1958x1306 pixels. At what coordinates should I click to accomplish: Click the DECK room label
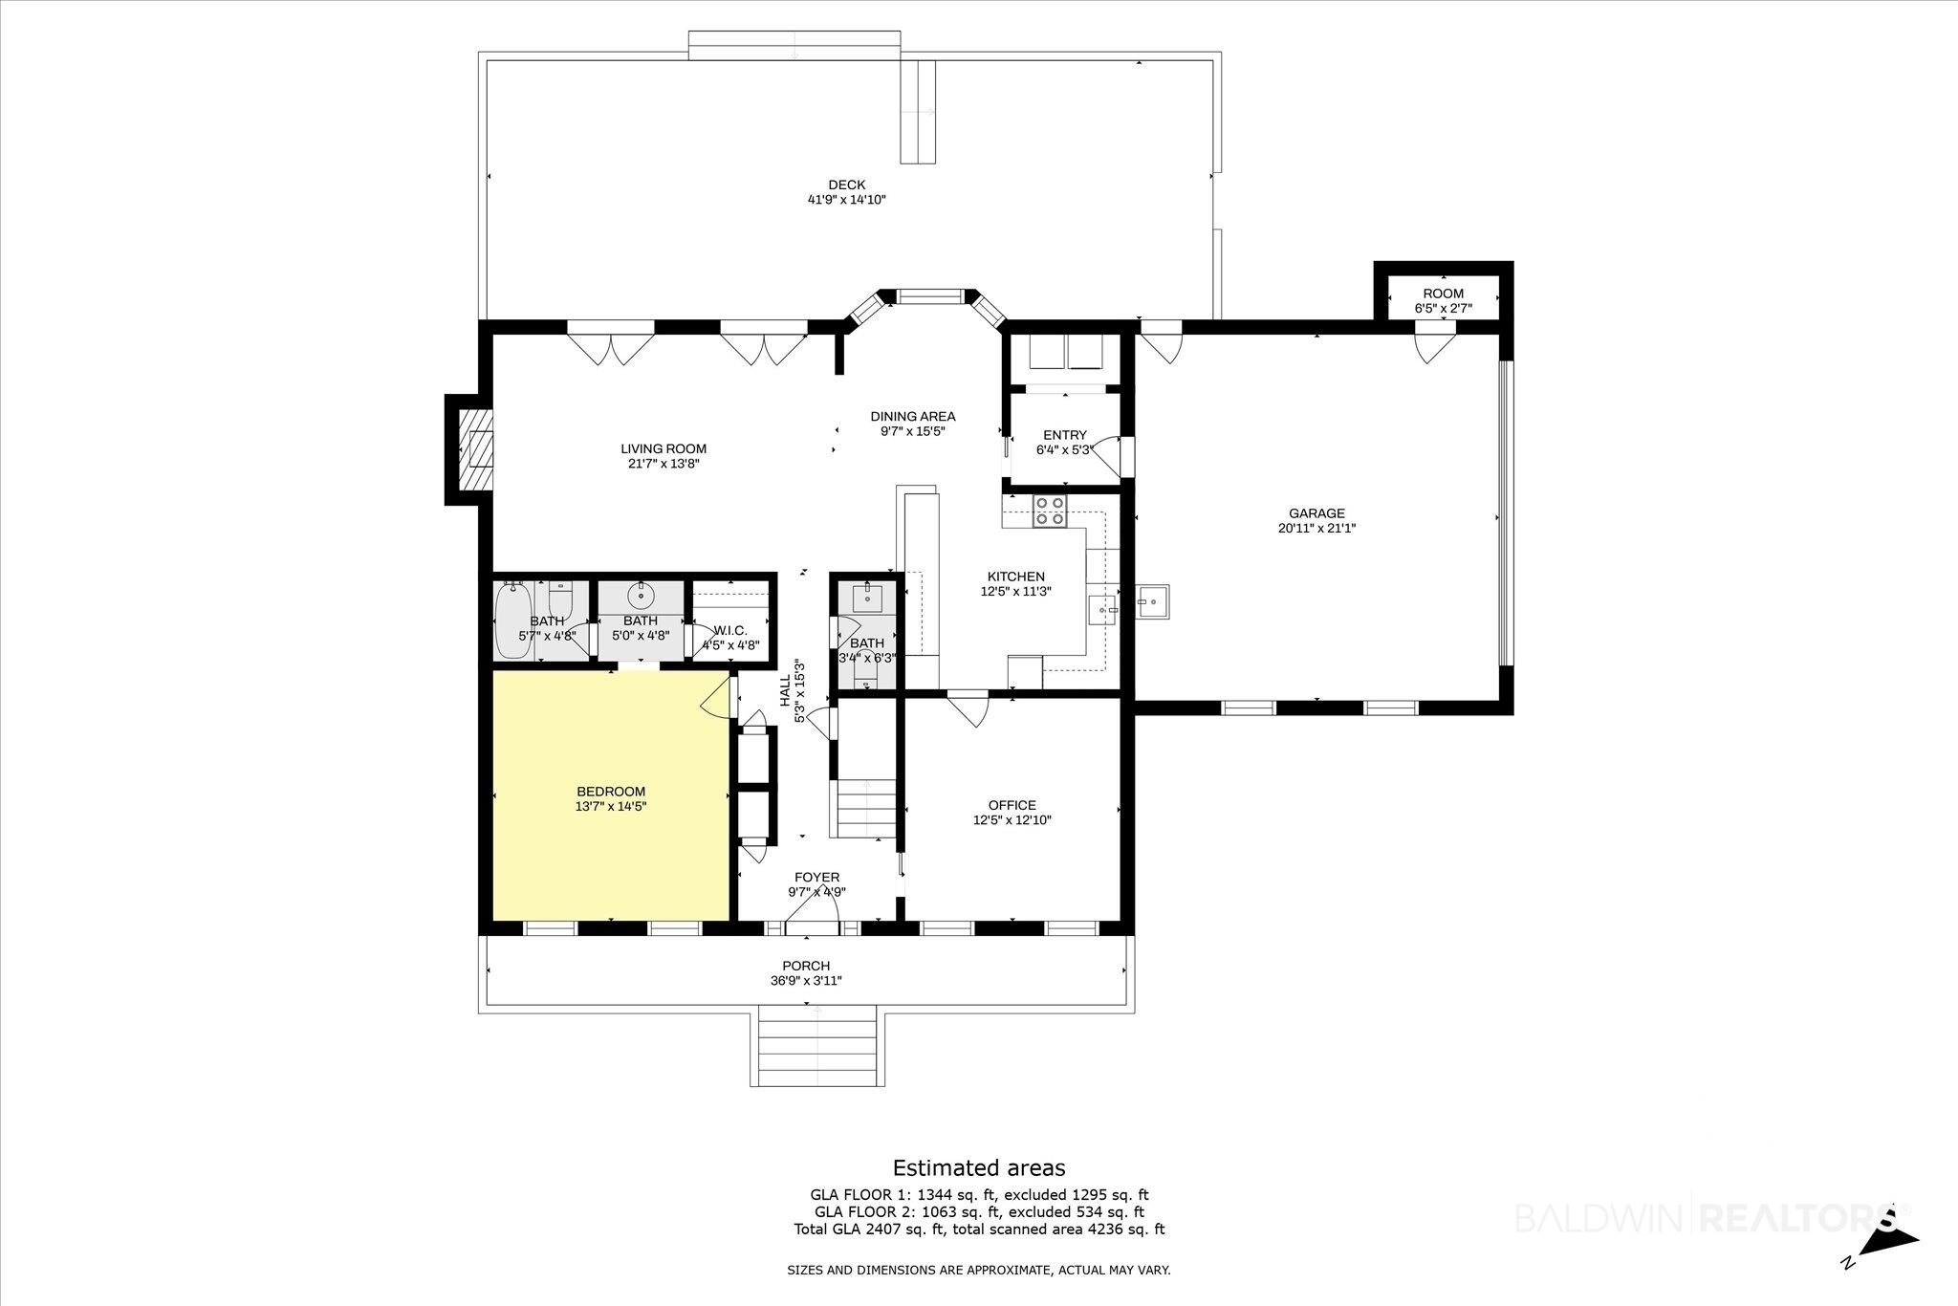(846, 185)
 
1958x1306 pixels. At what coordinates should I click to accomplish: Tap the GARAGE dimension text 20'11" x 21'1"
(1316, 528)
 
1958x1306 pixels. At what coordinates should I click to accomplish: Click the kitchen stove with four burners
(1050, 512)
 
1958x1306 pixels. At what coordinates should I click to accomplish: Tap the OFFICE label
(1012, 805)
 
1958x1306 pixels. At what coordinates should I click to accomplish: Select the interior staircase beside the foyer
(867, 809)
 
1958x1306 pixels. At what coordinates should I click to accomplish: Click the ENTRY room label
(1064, 435)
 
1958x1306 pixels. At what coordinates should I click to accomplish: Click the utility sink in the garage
(1153, 601)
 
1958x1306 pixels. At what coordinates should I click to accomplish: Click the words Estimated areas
(979, 1167)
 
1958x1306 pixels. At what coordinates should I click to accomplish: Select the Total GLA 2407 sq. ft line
(979, 1230)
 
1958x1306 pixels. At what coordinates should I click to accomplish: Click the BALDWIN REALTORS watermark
(1711, 1218)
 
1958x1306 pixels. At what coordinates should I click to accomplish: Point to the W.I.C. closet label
(730, 630)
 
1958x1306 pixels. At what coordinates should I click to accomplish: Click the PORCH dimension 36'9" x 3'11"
(806, 980)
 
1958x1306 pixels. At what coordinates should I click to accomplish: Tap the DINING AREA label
(912, 416)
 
